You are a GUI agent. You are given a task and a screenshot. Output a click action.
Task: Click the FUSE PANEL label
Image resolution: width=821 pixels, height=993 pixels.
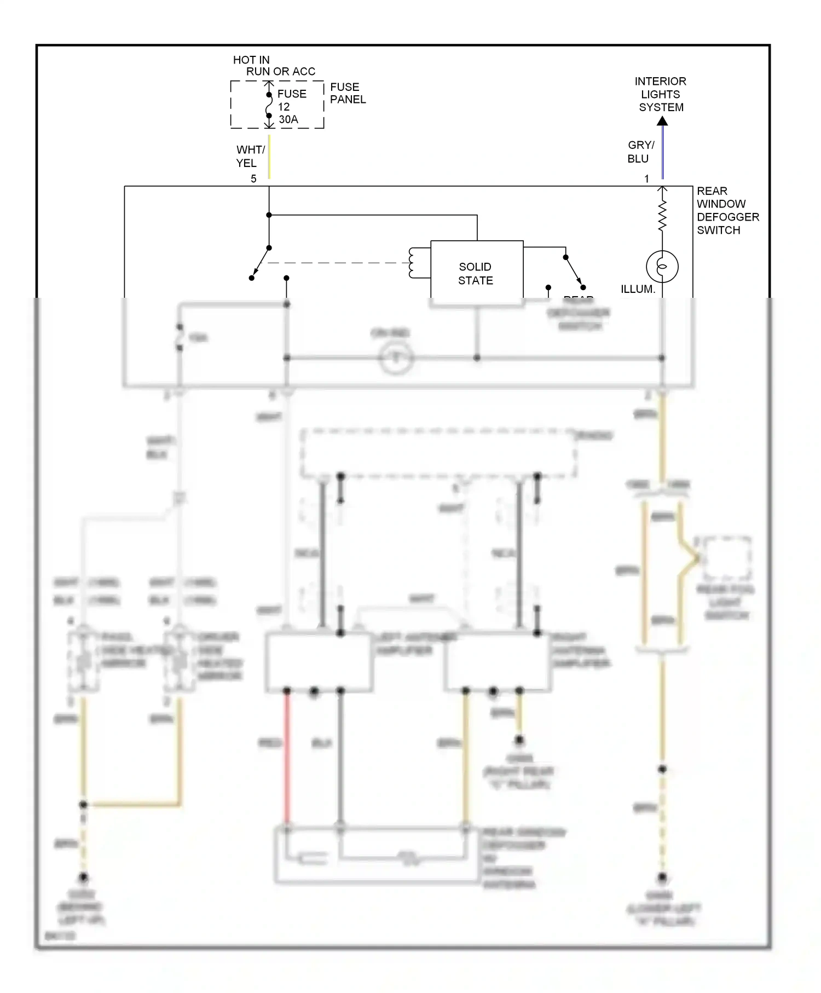pos(347,93)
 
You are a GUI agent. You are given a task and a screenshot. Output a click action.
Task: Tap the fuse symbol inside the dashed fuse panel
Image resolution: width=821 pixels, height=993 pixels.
pos(269,105)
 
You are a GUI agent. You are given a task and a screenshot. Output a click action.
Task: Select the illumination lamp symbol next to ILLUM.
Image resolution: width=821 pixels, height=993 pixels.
pos(662,267)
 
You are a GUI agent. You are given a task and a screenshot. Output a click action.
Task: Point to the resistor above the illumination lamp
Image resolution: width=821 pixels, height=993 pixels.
pos(662,215)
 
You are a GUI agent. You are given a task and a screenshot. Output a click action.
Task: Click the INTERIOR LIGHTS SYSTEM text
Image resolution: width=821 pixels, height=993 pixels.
pos(661,94)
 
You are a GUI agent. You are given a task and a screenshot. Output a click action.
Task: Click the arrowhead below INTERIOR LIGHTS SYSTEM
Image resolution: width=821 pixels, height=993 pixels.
pos(662,121)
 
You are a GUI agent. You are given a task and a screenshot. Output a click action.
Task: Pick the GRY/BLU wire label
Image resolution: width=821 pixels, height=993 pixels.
pos(640,152)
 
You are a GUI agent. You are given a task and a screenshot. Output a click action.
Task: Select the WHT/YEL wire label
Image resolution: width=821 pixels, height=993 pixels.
pos(250,156)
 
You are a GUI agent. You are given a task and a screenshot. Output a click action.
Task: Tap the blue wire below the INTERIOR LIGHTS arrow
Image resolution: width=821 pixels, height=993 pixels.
pos(662,153)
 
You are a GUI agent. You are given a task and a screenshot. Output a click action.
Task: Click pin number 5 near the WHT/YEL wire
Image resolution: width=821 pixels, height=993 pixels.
pos(253,178)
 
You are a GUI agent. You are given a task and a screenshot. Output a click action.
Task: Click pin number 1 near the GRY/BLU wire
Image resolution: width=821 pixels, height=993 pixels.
pos(646,178)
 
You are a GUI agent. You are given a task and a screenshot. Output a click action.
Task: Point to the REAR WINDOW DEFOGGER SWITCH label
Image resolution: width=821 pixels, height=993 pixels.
pos(727,210)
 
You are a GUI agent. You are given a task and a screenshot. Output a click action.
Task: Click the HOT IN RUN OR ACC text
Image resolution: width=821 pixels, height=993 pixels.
pos(273,65)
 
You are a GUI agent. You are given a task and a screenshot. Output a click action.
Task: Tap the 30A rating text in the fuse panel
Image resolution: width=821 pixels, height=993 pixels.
pos(288,119)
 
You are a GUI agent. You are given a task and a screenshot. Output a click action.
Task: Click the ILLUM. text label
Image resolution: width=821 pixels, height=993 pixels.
pos(638,289)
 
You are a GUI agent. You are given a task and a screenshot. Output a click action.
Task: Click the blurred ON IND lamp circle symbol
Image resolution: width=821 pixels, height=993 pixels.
pos(396,358)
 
